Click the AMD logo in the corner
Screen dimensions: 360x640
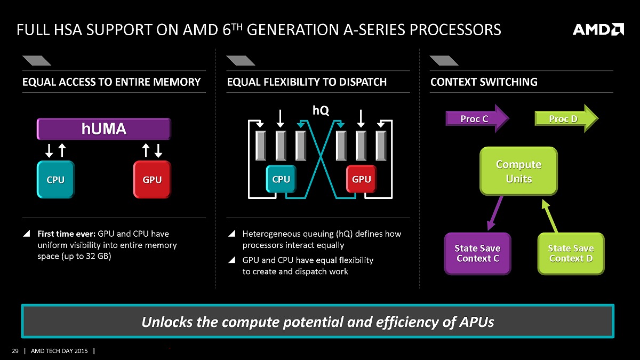(598, 29)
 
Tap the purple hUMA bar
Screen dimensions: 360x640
(103, 129)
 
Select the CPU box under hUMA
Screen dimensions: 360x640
(55, 180)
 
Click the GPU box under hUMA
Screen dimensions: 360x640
(152, 180)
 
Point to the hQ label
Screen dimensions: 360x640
(321, 110)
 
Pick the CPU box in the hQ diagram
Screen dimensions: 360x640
(281, 179)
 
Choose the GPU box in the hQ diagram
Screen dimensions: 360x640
(361, 179)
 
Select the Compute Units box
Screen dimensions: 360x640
(518, 171)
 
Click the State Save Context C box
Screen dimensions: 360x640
(477, 253)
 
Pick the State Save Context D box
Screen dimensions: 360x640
(571, 253)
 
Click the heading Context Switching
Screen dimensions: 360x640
(484, 82)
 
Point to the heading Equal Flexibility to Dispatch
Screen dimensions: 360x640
(307, 82)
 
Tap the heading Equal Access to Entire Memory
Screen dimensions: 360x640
(111, 82)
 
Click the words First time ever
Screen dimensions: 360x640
(66, 234)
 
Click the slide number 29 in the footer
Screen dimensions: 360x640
(15, 351)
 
